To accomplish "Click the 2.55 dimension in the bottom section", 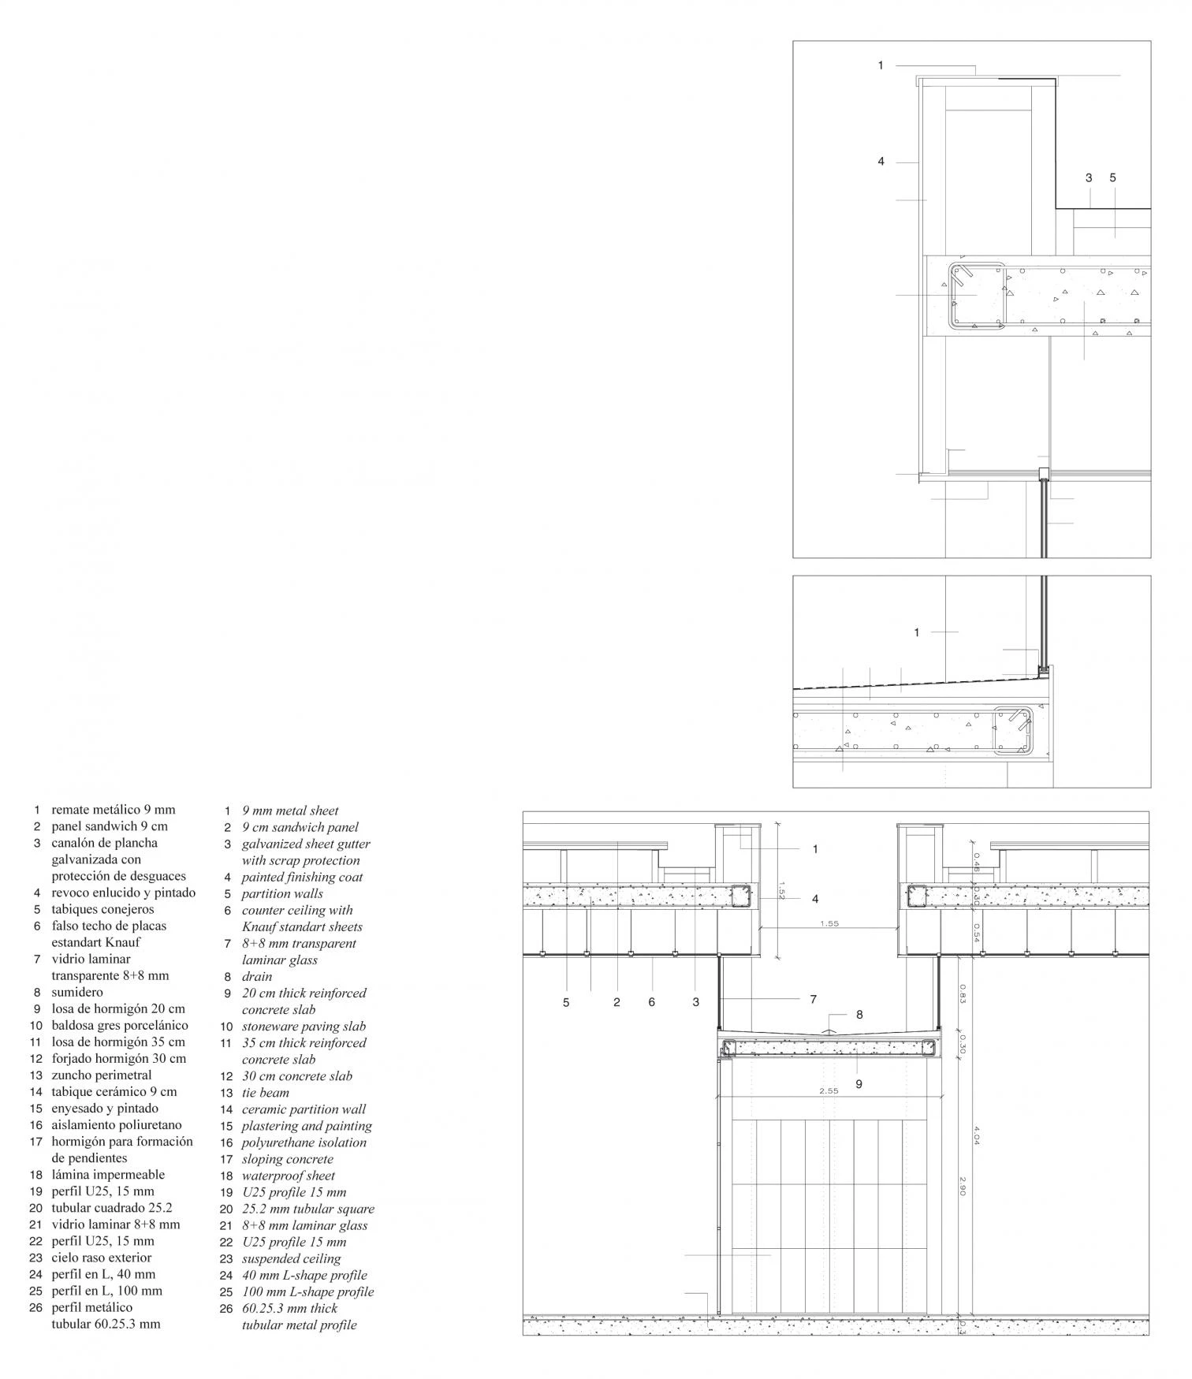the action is pyautogui.click(x=829, y=1091).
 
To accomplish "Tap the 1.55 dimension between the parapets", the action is pyautogui.click(x=829, y=923).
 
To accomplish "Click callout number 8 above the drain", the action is pyautogui.click(x=859, y=1015).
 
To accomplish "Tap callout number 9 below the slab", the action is pyautogui.click(x=859, y=1084).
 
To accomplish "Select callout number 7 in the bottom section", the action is pyautogui.click(x=813, y=999).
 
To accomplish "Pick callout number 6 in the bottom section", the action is pyautogui.click(x=651, y=1002).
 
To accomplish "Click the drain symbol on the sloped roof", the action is pyautogui.click(x=827, y=1029).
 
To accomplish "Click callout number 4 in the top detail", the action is pyautogui.click(x=881, y=162).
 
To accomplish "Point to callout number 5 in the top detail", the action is pyautogui.click(x=1113, y=177).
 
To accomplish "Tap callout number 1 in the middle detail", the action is pyautogui.click(x=916, y=632).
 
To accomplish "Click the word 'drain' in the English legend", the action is pyautogui.click(x=257, y=976).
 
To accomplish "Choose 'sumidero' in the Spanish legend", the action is pyautogui.click(x=77, y=992).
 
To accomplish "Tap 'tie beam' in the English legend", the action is pyautogui.click(x=266, y=1093).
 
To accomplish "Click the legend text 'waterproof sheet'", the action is pyautogui.click(x=289, y=1176).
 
